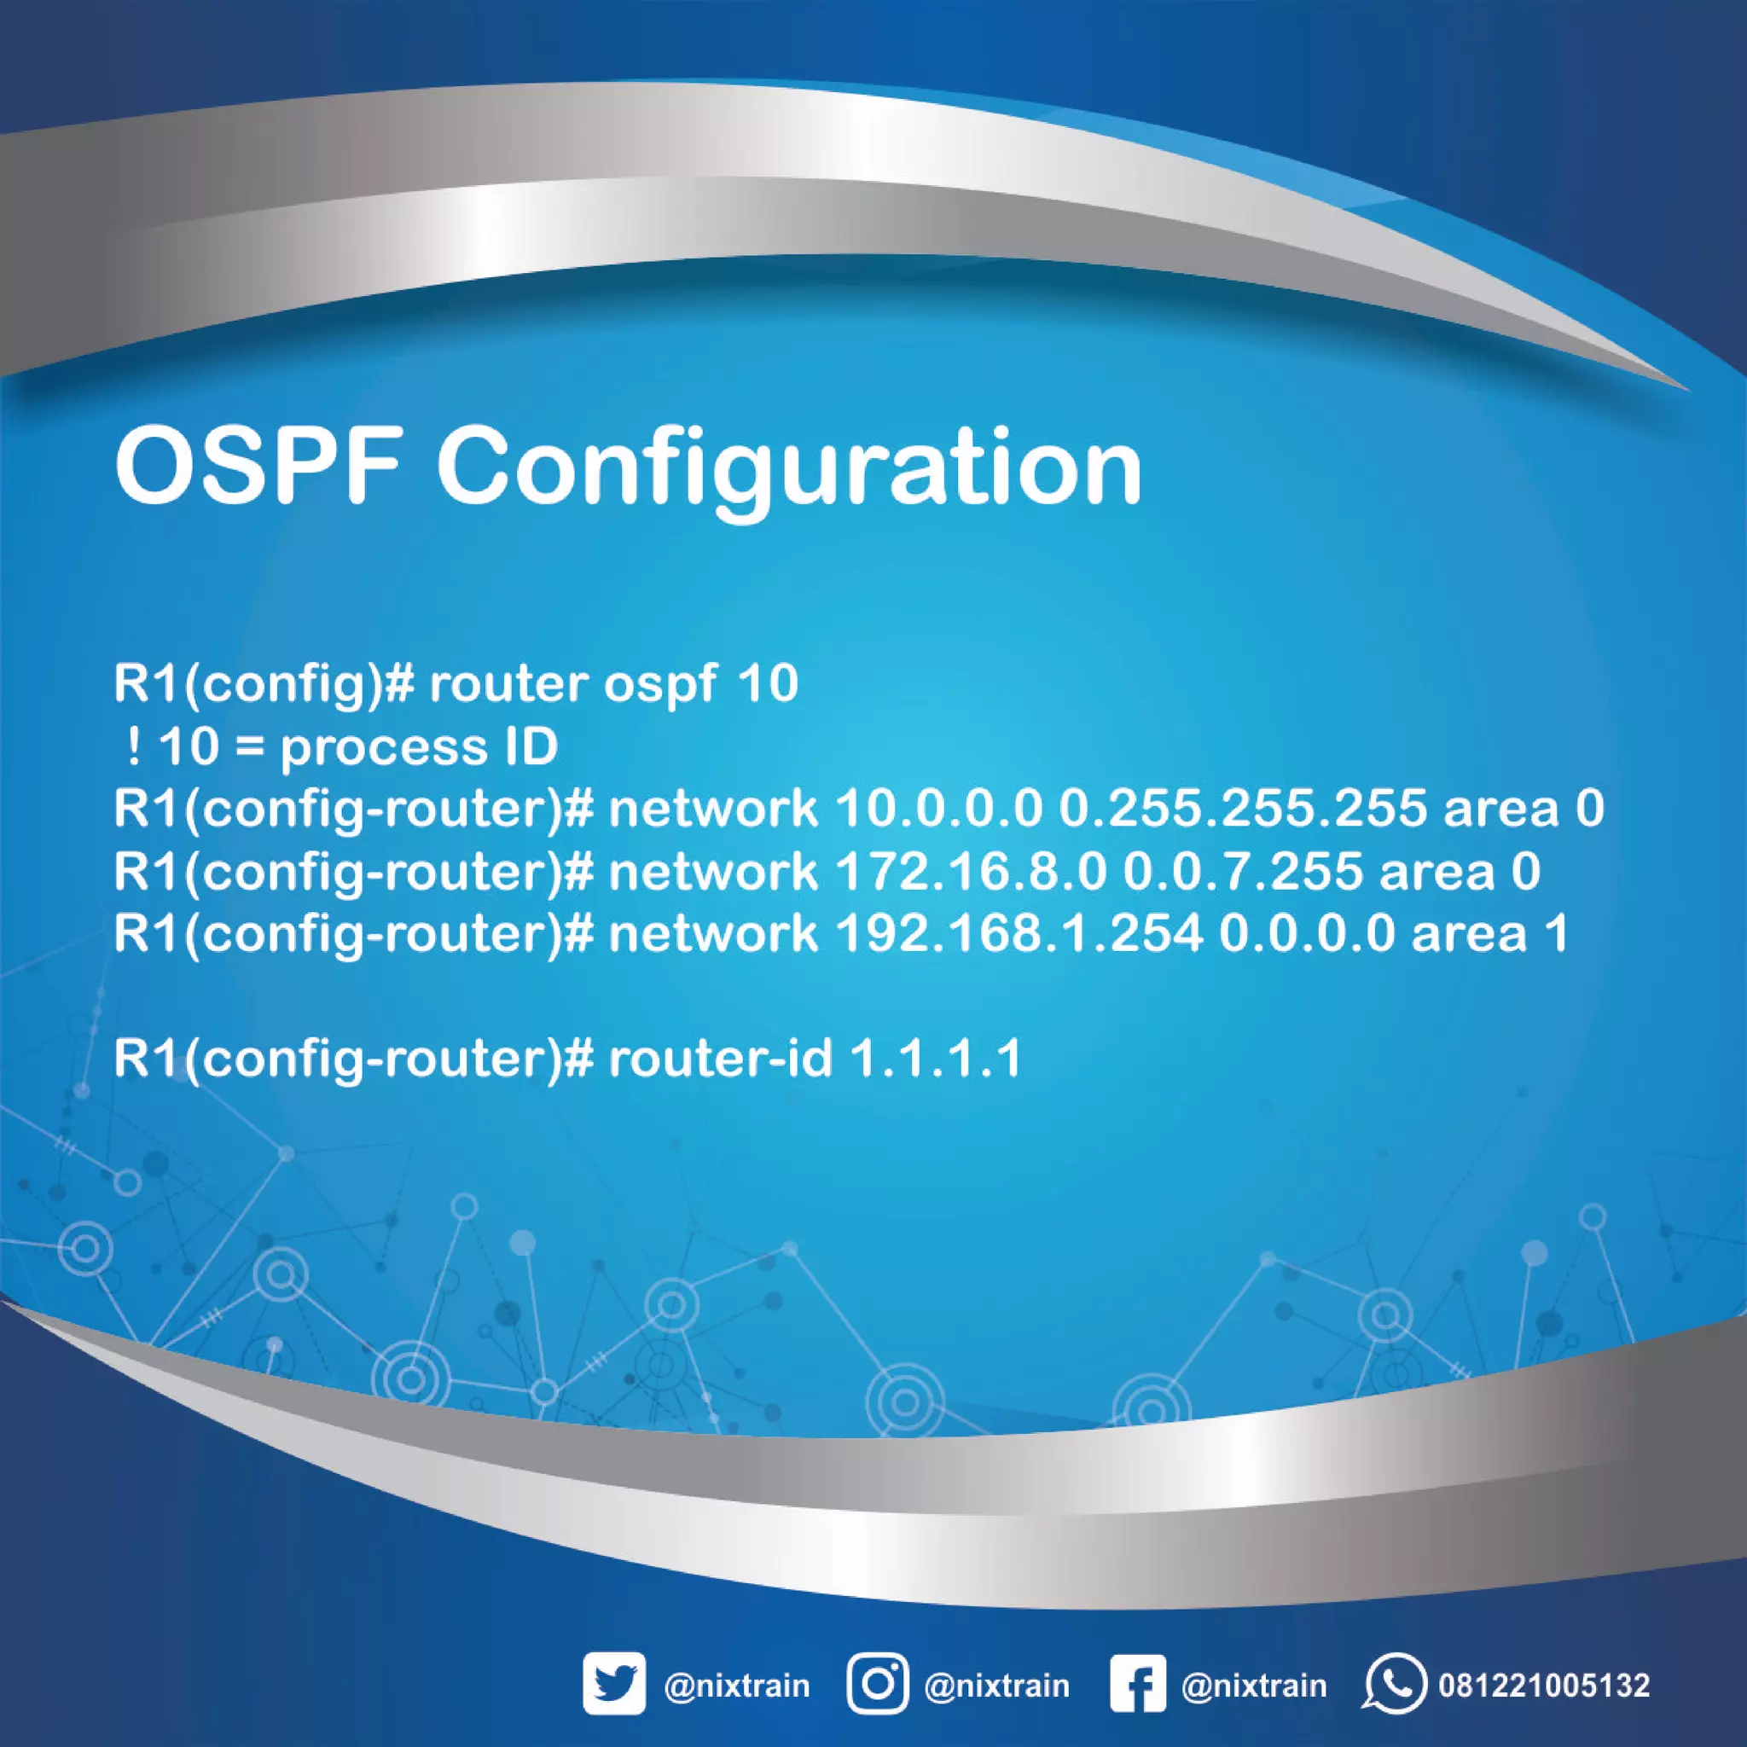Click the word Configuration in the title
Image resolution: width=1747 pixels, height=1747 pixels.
coord(789,472)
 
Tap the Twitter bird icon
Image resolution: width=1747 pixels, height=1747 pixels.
coord(614,1684)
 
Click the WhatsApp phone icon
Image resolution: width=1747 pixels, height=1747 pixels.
coord(1394,1684)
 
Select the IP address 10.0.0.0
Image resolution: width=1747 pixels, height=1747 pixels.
coord(938,809)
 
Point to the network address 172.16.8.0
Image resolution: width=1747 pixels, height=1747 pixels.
coord(971,872)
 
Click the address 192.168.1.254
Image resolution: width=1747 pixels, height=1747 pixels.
coord(1019,934)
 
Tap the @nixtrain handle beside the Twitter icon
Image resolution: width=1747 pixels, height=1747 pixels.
coord(737,1686)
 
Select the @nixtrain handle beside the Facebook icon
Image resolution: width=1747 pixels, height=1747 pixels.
coord(1254,1686)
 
